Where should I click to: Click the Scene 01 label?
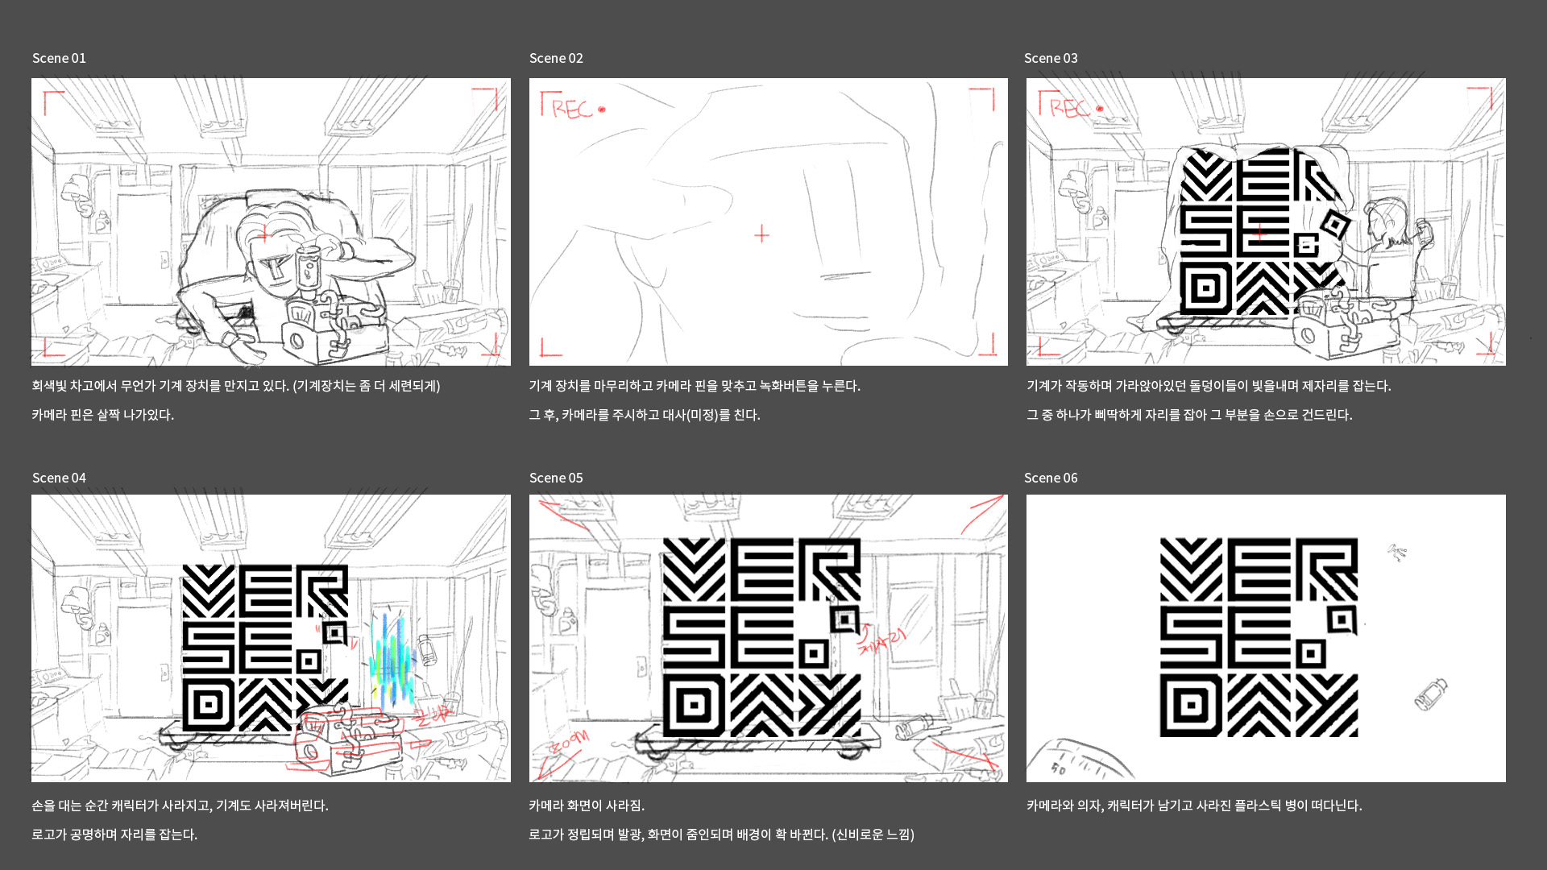[59, 58]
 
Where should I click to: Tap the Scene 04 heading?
[59, 478]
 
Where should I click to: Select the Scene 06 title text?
[1051, 478]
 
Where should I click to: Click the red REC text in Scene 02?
[572, 109]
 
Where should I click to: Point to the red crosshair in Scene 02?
[761, 234]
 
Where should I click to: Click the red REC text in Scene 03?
[1069, 108]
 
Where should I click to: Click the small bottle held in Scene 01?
[308, 268]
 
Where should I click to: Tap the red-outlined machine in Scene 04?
[346, 737]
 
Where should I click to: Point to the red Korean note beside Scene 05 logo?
[882, 641]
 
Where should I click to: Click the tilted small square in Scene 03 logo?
[1335, 225]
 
